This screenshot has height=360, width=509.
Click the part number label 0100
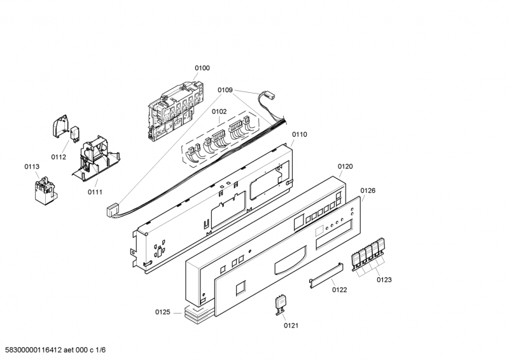[202, 68]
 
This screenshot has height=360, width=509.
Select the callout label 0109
[226, 90]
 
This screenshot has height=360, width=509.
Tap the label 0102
[219, 111]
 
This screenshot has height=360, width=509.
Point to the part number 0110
[299, 134]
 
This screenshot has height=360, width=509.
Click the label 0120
[345, 166]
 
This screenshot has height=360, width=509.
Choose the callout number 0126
[368, 190]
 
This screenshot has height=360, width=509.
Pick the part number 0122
[339, 289]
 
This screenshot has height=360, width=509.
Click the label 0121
[291, 325]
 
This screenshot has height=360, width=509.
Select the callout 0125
[163, 312]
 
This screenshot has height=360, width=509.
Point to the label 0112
[59, 156]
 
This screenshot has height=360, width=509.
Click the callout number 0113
[32, 167]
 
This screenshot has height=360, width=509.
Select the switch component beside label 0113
[44, 190]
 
